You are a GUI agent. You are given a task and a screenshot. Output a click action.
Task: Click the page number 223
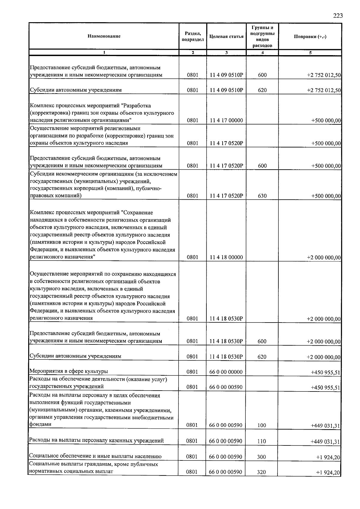pyautogui.click(x=337, y=16)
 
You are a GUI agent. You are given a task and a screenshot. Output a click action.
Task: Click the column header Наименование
pyautogui.click(x=104, y=36)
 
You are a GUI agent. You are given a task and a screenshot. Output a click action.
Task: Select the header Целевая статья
pyautogui.click(x=226, y=37)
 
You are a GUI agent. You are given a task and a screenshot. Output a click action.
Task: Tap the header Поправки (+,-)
pyautogui.click(x=310, y=37)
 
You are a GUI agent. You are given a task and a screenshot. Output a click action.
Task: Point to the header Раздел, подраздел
pyautogui.click(x=193, y=37)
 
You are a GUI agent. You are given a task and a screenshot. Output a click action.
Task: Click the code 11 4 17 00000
pyautogui.click(x=226, y=121)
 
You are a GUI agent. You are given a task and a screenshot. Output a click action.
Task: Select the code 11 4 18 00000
pyautogui.click(x=226, y=257)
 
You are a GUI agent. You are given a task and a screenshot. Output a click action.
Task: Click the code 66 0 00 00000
pyautogui.click(x=226, y=372)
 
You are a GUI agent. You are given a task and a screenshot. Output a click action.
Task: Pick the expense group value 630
pyautogui.click(x=262, y=196)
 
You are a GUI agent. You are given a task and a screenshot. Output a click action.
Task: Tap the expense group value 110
pyautogui.click(x=262, y=441)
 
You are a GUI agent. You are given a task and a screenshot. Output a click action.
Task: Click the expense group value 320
pyautogui.click(x=262, y=472)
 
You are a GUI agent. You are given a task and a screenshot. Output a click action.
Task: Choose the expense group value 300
pyautogui.click(x=262, y=457)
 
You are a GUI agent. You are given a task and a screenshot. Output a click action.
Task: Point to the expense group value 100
pyautogui.click(x=262, y=425)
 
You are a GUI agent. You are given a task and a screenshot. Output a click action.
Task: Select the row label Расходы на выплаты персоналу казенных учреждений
pyautogui.click(x=96, y=440)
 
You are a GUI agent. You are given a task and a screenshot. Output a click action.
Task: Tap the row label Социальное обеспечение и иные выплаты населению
pyautogui.click(x=95, y=456)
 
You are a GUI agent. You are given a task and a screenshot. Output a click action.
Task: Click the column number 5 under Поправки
pyautogui.click(x=310, y=53)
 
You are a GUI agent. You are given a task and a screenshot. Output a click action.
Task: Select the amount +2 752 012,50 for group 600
pyautogui.click(x=324, y=75)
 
